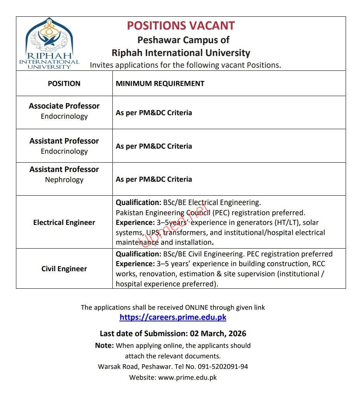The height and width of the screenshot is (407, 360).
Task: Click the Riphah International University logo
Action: coord(49,43)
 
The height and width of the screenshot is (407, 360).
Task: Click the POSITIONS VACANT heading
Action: coord(181,26)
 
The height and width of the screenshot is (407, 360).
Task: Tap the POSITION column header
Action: coord(64,83)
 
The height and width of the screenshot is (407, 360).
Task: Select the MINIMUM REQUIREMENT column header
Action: coord(160,83)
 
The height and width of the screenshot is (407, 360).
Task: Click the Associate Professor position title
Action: coord(64,106)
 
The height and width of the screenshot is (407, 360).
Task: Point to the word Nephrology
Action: coord(64,180)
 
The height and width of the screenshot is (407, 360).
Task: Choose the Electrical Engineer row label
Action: coord(64,223)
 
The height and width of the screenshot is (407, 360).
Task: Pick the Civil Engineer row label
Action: coord(64,269)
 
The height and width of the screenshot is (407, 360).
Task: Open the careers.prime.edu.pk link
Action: coord(173,317)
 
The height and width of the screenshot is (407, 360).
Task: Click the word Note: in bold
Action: coord(105,346)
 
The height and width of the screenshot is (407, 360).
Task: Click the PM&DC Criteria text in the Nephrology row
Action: coord(165,179)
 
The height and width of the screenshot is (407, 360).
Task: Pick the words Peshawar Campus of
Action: coord(183,40)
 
